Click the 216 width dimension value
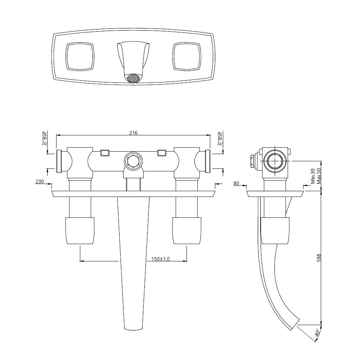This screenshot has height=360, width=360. [133, 133]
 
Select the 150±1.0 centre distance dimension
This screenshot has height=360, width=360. [161, 258]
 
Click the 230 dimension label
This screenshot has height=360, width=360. [40, 181]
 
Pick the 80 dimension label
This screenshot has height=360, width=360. [237, 183]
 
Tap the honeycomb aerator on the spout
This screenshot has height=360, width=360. [133, 78]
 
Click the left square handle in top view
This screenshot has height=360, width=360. [80, 56]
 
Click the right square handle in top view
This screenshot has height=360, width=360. [186, 56]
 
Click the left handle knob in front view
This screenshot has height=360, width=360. [80, 231]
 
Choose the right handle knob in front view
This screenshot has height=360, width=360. [186, 231]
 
